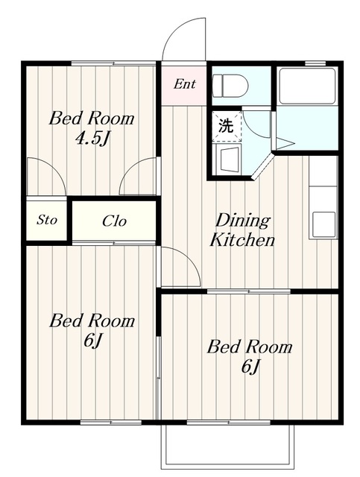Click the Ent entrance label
(x=184, y=84)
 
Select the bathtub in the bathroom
(x=307, y=86)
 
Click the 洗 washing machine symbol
(x=227, y=126)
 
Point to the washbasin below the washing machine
(x=227, y=159)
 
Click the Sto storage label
(x=46, y=220)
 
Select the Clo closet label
(x=114, y=221)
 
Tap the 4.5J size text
(x=92, y=139)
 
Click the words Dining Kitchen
(x=242, y=230)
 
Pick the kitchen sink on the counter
(x=324, y=224)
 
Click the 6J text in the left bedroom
(x=92, y=341)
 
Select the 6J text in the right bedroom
(x=250, y=366)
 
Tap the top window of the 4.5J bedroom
(x=113, y=63)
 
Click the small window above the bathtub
(x=311, y=63)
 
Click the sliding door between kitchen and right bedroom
(x=249, y=291)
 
